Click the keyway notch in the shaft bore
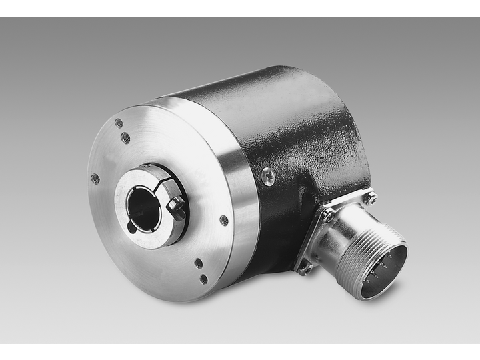click(x=131, y=226)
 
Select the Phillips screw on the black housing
click(x=268, y=176)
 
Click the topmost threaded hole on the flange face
click(x=119, y=123)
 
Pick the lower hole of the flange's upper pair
click(x=125, y=138)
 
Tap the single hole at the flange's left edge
click(x=95, y=178)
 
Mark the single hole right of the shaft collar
click(x=224, y=220)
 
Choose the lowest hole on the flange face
click(x=203, y=279)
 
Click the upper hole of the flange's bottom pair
click(x=199, y=263)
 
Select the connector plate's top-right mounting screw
click(x=369, y=197)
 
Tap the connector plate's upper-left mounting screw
click(x=327, y=215)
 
